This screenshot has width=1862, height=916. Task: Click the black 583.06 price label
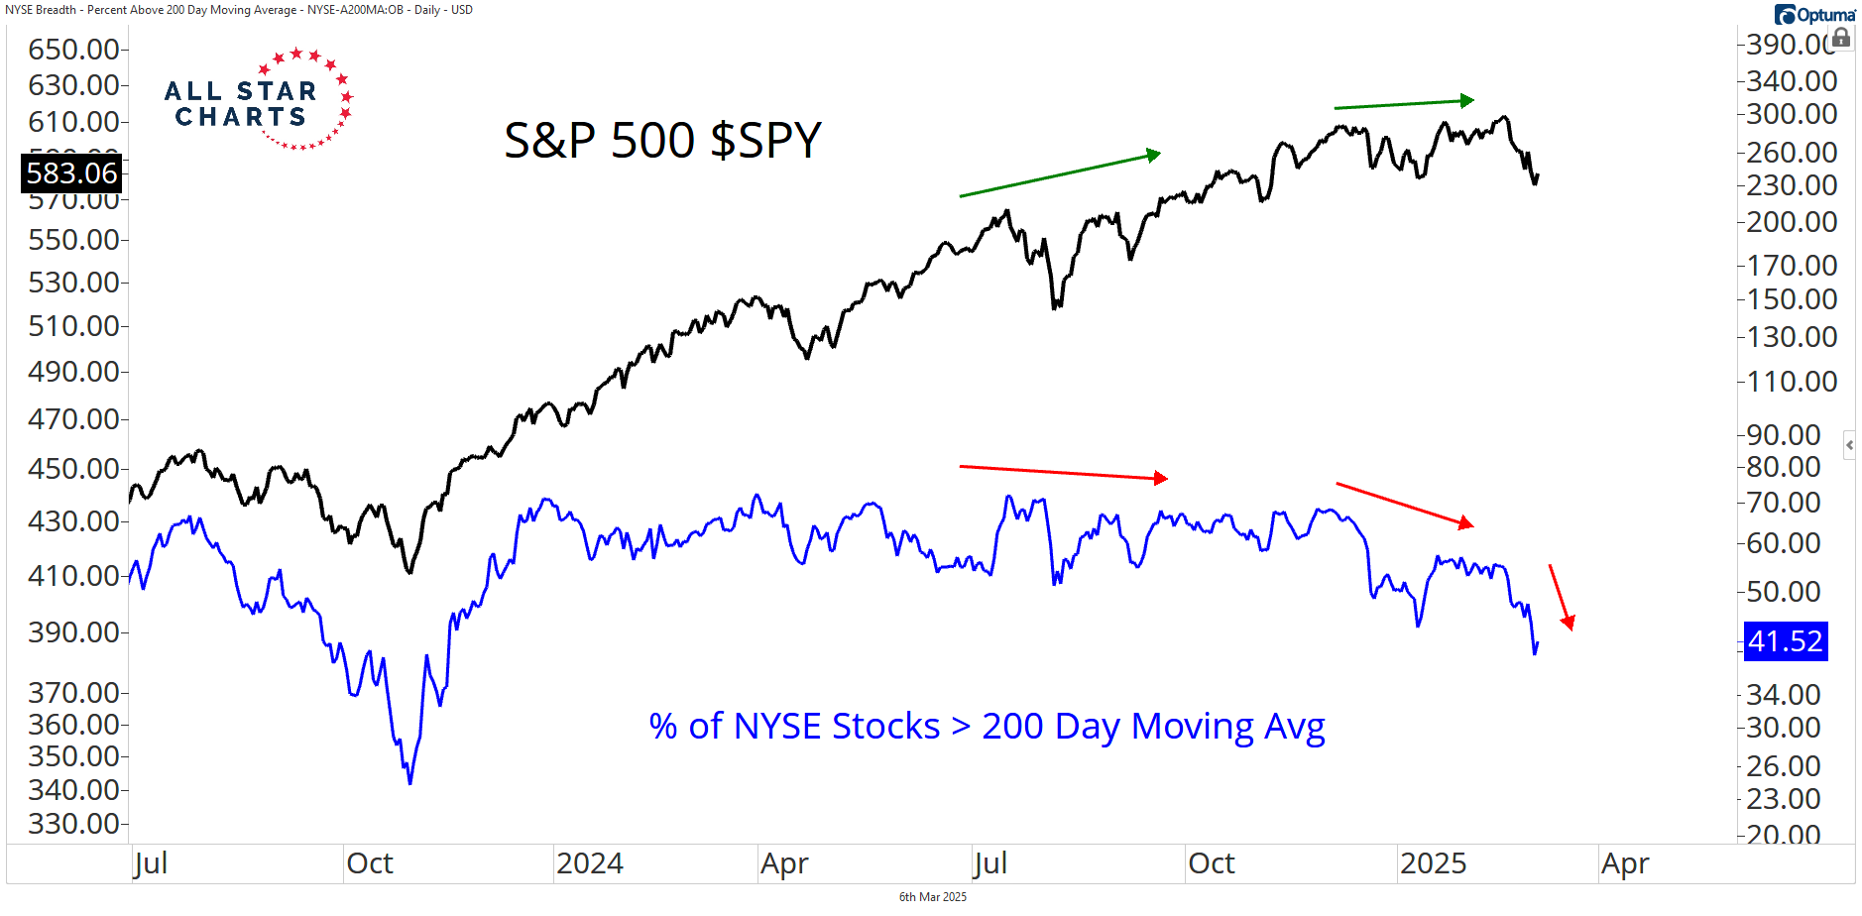tap(71, 173)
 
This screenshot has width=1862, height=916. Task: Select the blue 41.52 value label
tap(1785, 641)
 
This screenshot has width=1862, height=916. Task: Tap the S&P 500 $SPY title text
tap(662, 140)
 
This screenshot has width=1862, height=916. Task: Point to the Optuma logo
tap(1814, 15)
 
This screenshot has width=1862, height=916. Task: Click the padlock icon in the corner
tap(1841, 39)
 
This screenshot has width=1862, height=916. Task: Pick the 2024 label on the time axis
tap(589, 863)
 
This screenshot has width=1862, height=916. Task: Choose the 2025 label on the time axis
tap(1433, 863)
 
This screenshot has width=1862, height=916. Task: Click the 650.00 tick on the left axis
tap(73, 49)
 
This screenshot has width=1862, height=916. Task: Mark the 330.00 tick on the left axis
tap(73, 823)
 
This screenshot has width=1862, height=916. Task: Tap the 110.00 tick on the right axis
tap(1792, 381)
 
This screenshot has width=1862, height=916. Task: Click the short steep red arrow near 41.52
tap(1562, 597)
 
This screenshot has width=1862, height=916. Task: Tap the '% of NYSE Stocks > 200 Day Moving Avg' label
tap(987, 727)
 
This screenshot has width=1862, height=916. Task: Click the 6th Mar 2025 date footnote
tap(932, 897)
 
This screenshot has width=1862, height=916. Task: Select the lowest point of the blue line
tap(409, 783)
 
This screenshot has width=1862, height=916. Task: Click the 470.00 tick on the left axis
tap(73, 418)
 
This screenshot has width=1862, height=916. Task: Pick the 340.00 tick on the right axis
tap(1792, 80)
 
